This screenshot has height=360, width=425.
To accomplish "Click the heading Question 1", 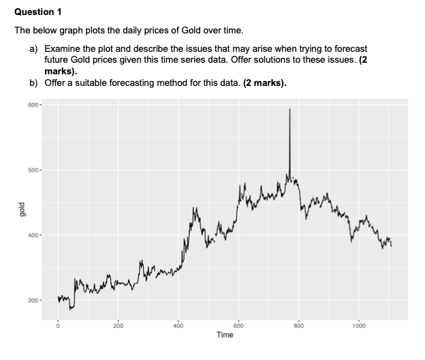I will [39, 12].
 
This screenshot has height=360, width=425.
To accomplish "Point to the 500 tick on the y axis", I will [35, 170].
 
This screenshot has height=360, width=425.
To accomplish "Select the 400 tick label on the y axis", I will [35, 235].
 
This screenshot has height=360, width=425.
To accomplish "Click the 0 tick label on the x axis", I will [57, 325].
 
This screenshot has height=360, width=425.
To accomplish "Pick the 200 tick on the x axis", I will [118, 325].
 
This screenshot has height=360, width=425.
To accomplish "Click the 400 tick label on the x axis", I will [178, 325].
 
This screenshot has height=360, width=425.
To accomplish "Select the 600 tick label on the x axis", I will [238, 325].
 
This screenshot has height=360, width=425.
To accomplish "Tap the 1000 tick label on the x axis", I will [359, 325].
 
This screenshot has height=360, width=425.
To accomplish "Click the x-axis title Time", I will [225, 335].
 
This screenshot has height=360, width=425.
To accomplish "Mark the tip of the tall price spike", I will [289, 108].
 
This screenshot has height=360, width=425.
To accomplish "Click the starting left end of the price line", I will [58, 297].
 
